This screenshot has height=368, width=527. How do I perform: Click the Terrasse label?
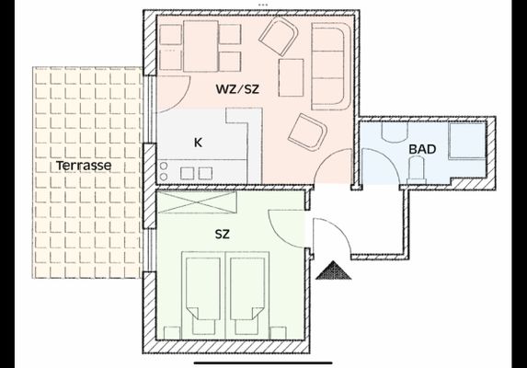[x=84, y=166]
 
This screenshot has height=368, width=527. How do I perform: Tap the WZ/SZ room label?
[x=237, y=89]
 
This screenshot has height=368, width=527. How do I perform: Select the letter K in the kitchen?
[x=198, y=143]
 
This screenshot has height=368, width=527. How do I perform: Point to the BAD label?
[x=422, y=149]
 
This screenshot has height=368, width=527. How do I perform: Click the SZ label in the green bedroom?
[x=223, y=234]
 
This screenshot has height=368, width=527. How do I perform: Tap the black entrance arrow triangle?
[x=334, y=270]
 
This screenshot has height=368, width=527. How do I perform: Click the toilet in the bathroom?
[x=417, y=171]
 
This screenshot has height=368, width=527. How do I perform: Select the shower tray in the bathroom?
[x=467, y=141]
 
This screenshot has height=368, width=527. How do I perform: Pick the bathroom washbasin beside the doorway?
[x=395, y=132]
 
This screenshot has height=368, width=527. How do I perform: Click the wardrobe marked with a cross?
[x=198, y=202]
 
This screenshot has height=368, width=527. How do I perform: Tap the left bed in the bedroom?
[x=202, y=294]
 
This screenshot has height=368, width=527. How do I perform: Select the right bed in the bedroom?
[x=247, y=294]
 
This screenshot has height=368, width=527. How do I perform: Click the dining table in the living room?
[x=200, y=46]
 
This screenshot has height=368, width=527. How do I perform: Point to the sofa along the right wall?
[x=331, y=66]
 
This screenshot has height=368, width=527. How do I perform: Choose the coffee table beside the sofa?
[x=292, y=77]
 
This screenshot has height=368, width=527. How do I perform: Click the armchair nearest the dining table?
[x=279, y=37]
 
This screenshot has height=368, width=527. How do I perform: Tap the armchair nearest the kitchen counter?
[x=307, y=132]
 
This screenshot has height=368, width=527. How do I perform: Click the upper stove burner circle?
[x=164, y=166]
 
